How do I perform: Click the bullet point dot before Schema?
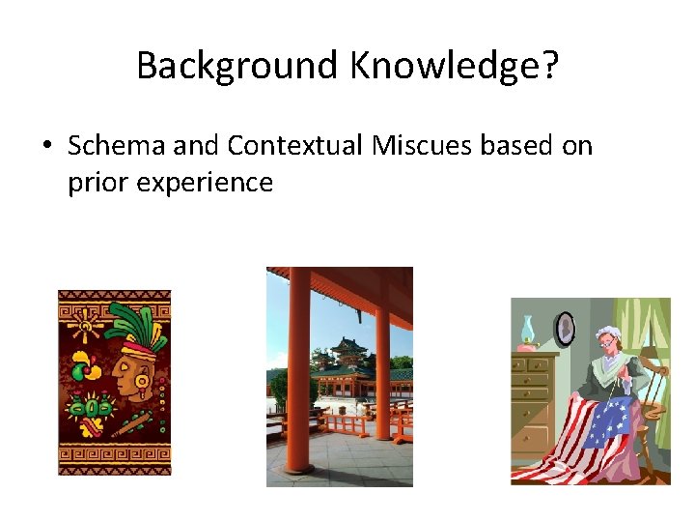click(46, 147)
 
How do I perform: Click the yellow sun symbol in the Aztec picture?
click(84, 328)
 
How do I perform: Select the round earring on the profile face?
click(142, 384)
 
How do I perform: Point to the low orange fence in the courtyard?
click(347, 425)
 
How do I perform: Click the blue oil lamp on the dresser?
click(529, 334)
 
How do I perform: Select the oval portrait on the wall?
click(566, 329)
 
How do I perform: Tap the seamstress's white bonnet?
click(606, 335)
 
